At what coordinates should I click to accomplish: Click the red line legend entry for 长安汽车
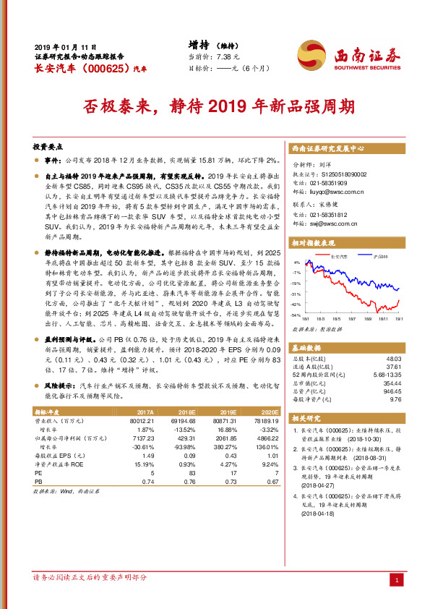coord(338,256)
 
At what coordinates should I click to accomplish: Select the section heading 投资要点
coord(48,145)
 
